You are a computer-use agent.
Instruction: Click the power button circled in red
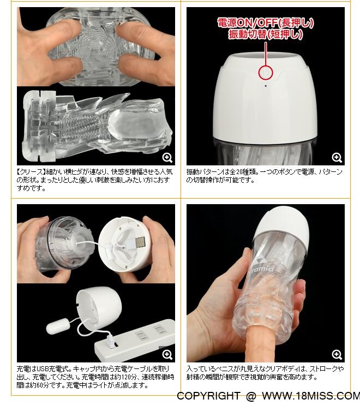click(x=266, y=73)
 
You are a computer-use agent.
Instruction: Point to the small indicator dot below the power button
click(x=266, y=86)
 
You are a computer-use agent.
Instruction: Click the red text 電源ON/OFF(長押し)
click(x=266, y=23)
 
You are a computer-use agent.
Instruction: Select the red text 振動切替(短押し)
click(x=266, y=34)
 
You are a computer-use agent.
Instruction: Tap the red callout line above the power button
click(x=266, y=54)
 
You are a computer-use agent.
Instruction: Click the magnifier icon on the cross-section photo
click(x=167, y=157)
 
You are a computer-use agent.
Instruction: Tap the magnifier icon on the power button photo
click(x=337, y=157)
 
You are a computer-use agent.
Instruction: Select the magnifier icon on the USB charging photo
click(x=167, y=354)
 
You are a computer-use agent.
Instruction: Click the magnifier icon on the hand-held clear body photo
click(x=337, y=354)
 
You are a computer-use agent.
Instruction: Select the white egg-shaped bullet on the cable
click(x=57, y=326)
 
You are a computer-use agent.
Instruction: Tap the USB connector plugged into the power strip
click(x=110, y=340)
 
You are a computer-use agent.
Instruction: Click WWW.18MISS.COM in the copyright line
click(x=311, y=396)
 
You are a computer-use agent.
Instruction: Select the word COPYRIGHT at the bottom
click(x=208, y=396)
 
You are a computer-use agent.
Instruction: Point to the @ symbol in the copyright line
click(x=250, y=396)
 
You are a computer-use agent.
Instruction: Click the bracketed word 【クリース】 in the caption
click(x=31, y=171)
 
